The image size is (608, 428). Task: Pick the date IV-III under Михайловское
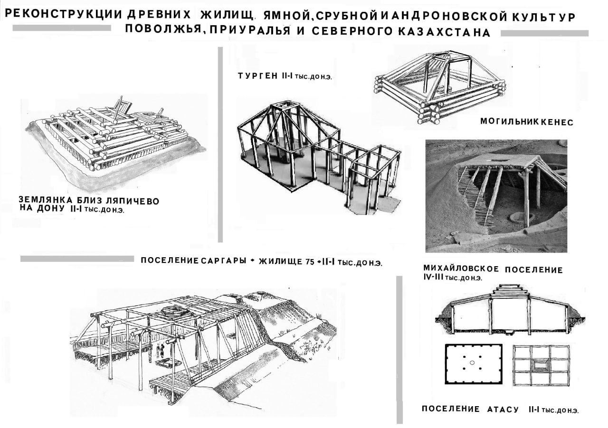(x=433, y=278)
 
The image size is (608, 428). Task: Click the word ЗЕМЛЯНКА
(x=43, y=201)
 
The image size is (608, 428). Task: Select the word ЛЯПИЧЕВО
(x=133, y=201)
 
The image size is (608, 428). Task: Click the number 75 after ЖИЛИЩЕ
(x=309, y=261)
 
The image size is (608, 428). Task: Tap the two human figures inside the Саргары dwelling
(x=161, y=352)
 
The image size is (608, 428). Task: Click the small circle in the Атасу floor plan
(x=472, y=363)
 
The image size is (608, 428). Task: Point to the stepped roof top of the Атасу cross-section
(x=509, y=290)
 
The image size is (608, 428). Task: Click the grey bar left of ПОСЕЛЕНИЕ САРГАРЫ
(x=77, y=259)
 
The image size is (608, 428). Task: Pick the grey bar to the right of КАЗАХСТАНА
(x=544, y=33)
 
